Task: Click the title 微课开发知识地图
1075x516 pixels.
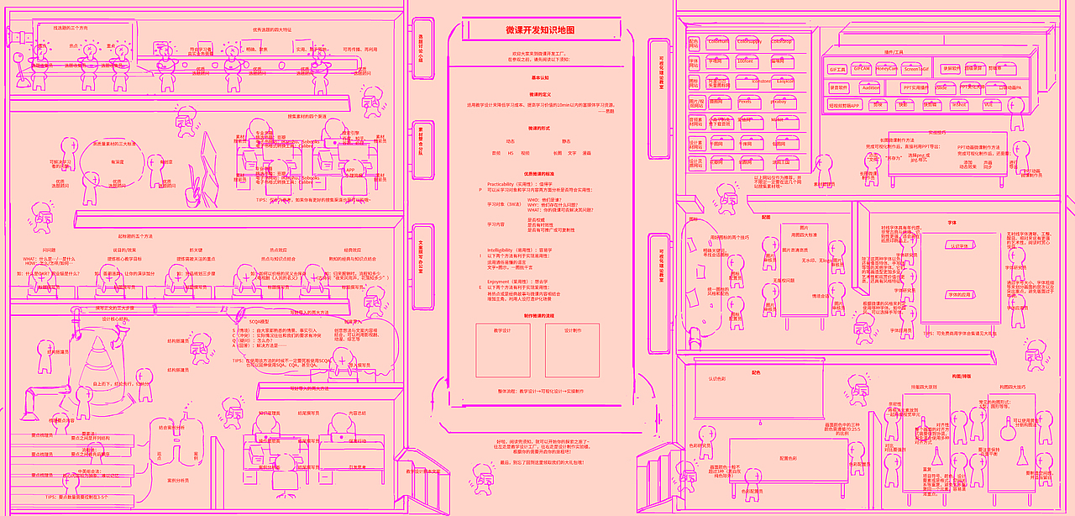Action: tap(540, 30)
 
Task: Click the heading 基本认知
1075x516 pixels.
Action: tap(540, 77)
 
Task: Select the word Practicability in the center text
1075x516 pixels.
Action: tap(506, 182)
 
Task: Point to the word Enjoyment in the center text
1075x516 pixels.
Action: tap(501, 281)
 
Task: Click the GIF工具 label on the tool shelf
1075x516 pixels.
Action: tap(837, 70)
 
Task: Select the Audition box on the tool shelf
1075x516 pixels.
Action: tap(871, 87)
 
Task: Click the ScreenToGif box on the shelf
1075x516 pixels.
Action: tap(916, 70)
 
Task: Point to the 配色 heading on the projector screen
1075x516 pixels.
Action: tap(756, 371)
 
